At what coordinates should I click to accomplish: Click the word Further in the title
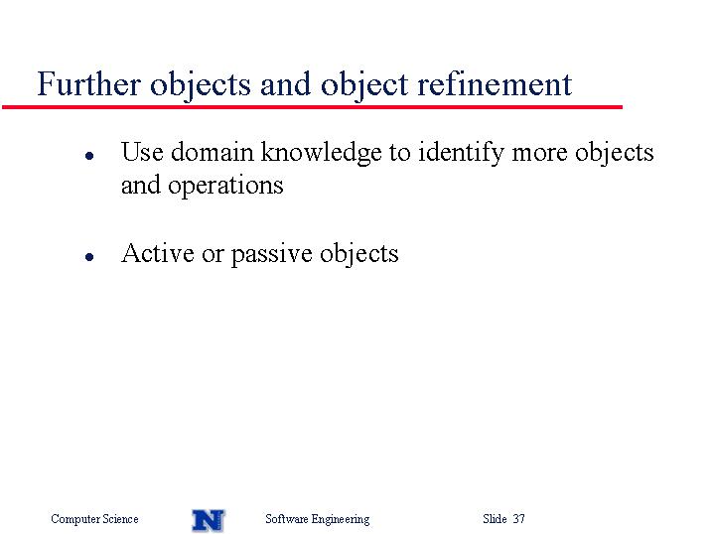[x=88, y=83]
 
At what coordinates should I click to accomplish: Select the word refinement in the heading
[x=495, y=83]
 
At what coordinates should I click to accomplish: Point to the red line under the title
[x=312, y=107]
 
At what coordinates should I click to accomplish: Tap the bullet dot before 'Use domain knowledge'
[x=89, y=156]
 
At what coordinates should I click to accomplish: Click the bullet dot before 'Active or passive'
[x=89, y=257]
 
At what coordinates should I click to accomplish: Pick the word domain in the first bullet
[x=213, y=152]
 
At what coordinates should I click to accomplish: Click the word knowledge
[x=321, y=153]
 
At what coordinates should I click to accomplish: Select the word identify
[x=461, y=153]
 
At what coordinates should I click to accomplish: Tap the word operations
[x=225, y=186]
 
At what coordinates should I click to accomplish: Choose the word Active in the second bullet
[x=158, y=253]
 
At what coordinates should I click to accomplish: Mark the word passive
[x=271, y=255]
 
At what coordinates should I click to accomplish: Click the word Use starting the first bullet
[x=142, y=152]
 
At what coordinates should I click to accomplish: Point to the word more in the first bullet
[x=539, y=153]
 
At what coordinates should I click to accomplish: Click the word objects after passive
[x=359, y=254]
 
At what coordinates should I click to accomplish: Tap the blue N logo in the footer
[x=209, y=520]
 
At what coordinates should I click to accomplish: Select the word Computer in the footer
[x=75, y=519]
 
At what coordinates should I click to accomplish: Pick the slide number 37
[x=519, y=518]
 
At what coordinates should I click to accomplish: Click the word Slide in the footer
[x=495, y=518]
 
